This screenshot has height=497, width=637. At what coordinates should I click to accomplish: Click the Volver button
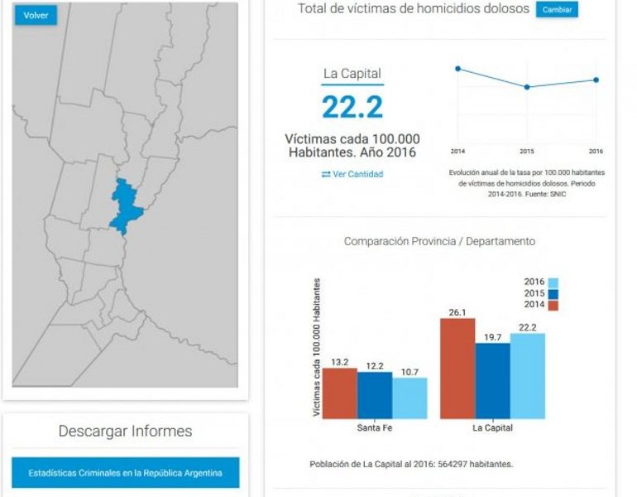36,16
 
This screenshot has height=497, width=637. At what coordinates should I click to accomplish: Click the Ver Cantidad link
352,174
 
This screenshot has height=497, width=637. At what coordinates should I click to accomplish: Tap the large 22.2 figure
352,108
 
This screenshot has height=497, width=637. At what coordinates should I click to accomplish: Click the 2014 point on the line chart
457,69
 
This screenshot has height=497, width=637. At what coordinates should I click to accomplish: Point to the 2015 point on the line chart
527,87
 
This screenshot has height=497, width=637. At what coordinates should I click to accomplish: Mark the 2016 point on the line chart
596,80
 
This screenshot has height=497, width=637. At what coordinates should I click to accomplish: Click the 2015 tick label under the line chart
527,152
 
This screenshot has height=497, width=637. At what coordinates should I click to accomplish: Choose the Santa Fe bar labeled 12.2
375,395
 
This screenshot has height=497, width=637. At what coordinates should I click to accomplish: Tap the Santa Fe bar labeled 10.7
409,398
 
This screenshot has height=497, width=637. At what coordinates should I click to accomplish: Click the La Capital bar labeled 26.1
457,368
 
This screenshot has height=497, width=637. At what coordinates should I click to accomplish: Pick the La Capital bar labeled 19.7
492,380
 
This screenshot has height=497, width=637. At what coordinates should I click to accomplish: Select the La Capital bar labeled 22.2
528,375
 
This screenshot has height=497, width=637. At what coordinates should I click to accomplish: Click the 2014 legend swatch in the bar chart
553,305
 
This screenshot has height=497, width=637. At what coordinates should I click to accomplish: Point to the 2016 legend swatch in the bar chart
553,282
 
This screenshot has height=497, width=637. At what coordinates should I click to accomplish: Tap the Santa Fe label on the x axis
375,428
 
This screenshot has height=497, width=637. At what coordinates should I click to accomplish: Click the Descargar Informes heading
125,432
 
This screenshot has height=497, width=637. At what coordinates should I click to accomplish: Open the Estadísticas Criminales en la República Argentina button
125,473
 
